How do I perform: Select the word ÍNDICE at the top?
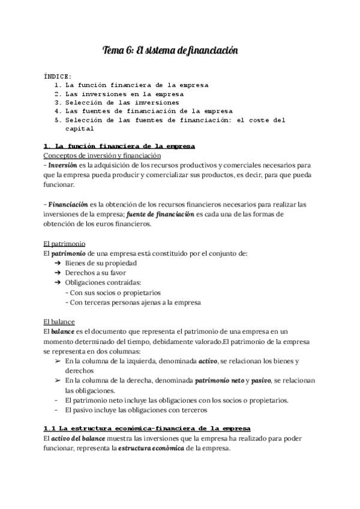click(58, 77)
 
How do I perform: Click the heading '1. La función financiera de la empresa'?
click(119, 146)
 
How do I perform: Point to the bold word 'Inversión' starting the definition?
click(62, 165)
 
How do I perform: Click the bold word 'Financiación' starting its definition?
click(67, 204)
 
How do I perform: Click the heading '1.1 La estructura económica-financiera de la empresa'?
click(147, 428)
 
